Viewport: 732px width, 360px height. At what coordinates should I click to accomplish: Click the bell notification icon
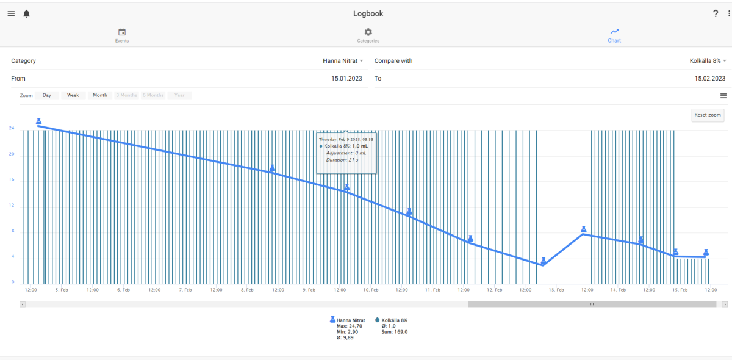[26, 14]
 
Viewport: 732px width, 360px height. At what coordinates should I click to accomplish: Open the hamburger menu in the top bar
[11, 13]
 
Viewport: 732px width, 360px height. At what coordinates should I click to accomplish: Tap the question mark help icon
[716, 13]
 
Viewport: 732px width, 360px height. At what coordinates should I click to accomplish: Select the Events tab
[122, 35]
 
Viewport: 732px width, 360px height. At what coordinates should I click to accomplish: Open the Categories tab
[368, 35]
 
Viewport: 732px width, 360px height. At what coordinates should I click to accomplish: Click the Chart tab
[614, 35]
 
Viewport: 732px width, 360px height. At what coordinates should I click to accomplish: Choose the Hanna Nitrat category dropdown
[343, 61]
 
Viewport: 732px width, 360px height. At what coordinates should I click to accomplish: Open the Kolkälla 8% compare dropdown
[708, 61]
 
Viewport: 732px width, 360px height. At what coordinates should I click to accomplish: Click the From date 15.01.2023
[346, 79]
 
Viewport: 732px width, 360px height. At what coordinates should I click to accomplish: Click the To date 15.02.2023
[710, 79]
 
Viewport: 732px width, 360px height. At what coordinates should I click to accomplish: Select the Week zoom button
[73, 95]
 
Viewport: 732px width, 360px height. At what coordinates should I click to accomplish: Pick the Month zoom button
[99, 95]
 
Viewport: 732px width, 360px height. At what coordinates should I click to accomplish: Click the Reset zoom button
[708, 115]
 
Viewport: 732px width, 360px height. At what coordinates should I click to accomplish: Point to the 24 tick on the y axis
[12, 128]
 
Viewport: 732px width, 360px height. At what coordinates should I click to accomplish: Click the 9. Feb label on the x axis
[309, 290]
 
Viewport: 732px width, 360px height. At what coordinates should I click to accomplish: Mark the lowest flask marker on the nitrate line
[543, 261]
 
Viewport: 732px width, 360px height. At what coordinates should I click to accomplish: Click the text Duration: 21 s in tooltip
[342, 160]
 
